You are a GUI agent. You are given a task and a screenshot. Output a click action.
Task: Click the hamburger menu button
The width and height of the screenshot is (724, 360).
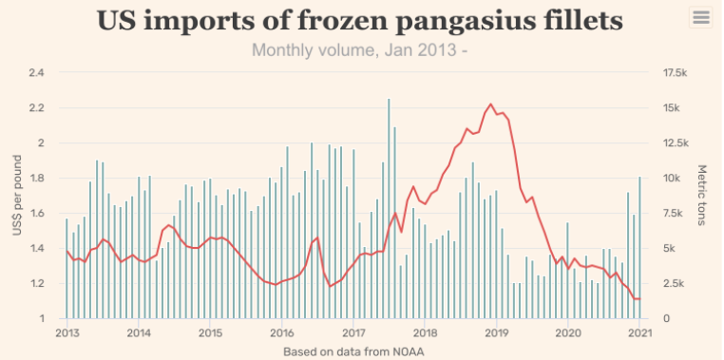click(701, 17)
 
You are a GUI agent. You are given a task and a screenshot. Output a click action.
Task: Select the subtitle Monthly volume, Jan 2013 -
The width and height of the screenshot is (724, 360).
click(359, 48)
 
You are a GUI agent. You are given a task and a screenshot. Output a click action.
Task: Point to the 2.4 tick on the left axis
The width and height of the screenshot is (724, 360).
click(38, 73)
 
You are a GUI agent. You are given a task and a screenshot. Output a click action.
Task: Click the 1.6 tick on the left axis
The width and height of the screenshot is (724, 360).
click(38, 214)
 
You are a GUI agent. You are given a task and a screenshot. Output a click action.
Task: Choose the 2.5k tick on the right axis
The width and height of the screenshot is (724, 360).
click(672, 284)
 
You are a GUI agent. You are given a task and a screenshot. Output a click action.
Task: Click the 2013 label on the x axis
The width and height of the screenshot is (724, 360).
click(67, 332)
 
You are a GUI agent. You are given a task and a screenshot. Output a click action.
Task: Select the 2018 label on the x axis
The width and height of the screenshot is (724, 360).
click(425, 332)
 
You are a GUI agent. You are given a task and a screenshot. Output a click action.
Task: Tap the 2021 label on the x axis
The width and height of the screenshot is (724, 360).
click(639, 332)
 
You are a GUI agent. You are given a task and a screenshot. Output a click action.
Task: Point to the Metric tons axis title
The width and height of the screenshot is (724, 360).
click(702, 196)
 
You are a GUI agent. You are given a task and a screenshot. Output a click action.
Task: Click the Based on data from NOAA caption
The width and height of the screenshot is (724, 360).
click(352, 351)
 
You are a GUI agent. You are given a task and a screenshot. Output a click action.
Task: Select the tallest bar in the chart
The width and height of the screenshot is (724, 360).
click(389, 209)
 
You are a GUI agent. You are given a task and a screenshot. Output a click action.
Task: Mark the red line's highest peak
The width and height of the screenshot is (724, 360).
click(490, 104)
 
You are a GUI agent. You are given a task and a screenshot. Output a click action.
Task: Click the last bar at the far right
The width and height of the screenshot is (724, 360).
click(639, 247)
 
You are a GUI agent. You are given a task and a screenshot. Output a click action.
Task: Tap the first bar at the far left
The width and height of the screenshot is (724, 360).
click(67, 269)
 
